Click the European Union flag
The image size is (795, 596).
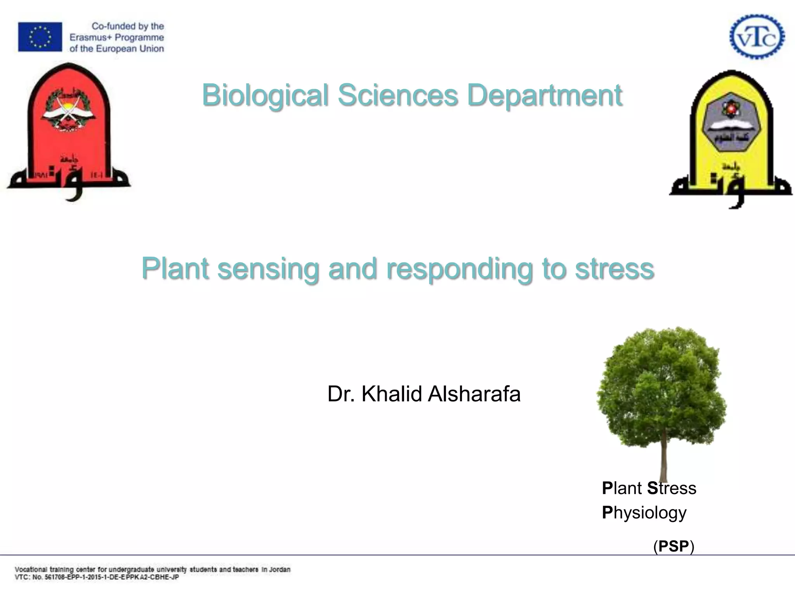[40, 37]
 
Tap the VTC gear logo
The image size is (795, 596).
[757, 37]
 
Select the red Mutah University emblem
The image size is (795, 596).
[69, 132]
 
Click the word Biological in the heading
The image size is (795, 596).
[265, 95]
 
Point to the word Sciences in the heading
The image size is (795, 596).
[398, 95]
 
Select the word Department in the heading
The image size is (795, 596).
[544, 95]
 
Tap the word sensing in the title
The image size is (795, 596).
[268, 269]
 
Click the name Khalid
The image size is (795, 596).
[392, 394]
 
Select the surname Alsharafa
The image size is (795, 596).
[474, 394]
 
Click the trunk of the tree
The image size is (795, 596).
[663, 458]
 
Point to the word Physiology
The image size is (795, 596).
[644, 513]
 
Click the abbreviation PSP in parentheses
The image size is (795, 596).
[674, 546]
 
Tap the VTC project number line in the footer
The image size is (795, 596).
[97, 577]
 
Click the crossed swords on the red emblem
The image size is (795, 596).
[68, 110]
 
